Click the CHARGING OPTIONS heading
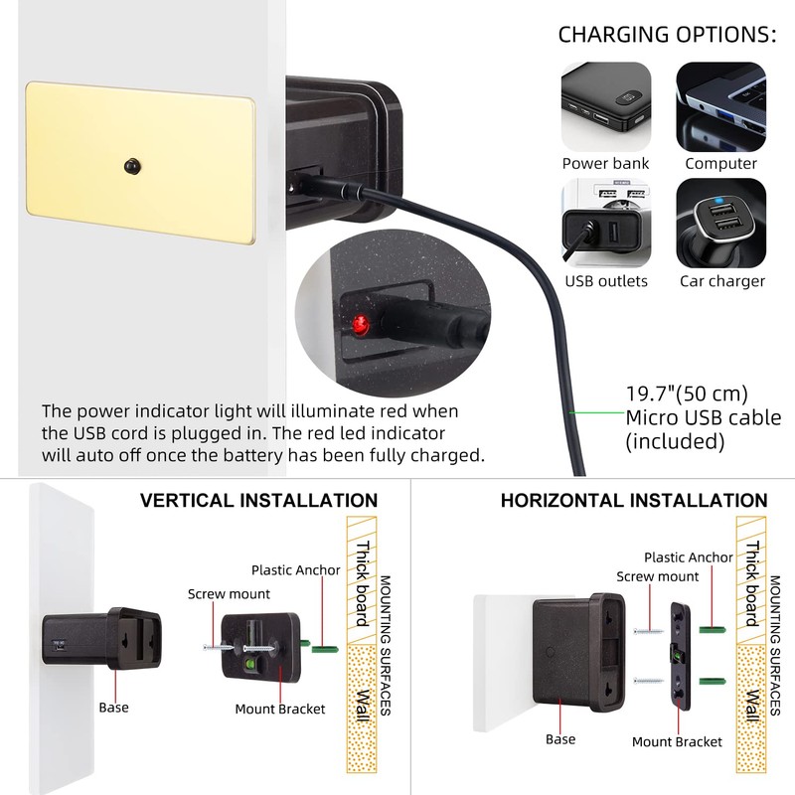667,35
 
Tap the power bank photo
606,104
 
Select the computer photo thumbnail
721,104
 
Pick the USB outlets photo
606,222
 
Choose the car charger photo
721,222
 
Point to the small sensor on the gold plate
131,163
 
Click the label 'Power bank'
606,164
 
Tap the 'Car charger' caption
722,281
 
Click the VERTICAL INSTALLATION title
258,501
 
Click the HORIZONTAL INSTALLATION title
633,501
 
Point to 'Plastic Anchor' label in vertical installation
295,570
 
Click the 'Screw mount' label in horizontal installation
657,576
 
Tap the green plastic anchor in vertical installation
324,648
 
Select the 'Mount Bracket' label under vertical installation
280,710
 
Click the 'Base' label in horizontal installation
560,739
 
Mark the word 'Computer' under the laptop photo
721,164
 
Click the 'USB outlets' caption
606,281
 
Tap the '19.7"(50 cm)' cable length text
687,394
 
